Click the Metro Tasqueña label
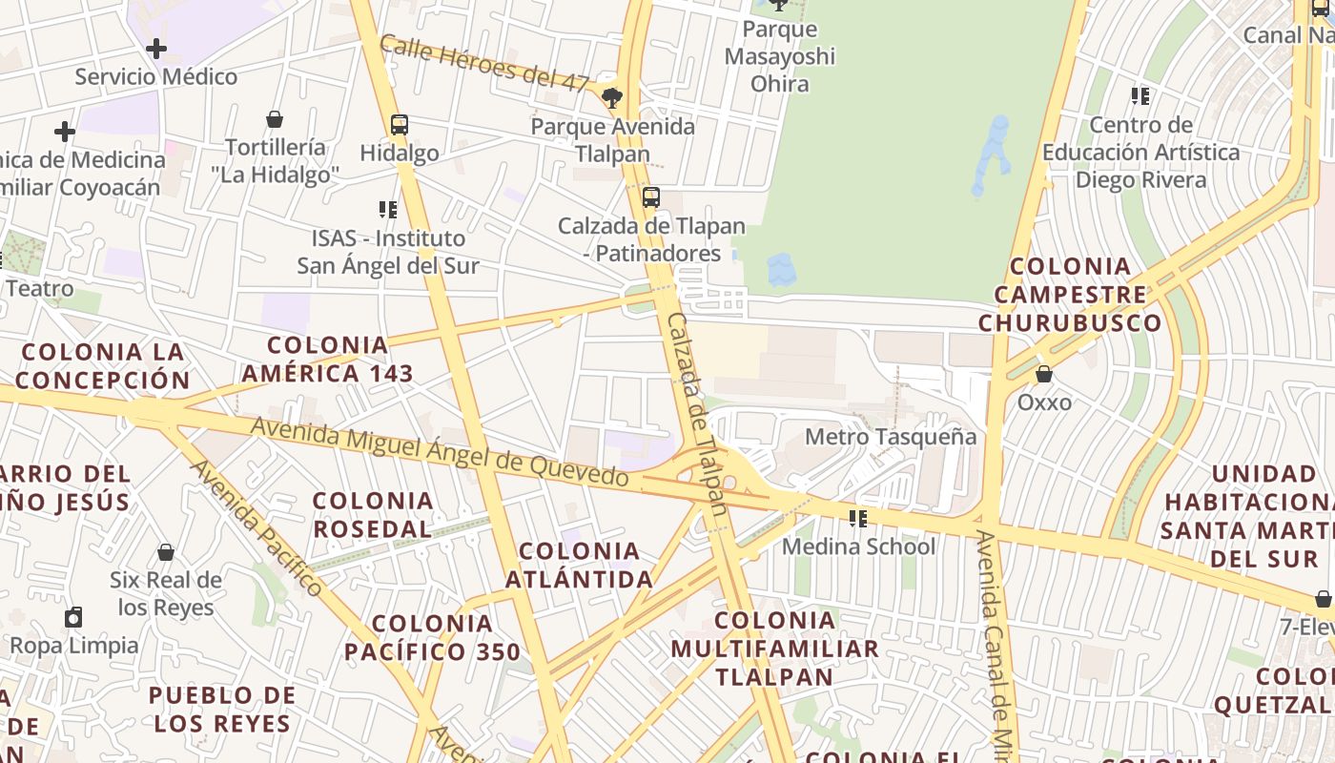[x=891, y=437]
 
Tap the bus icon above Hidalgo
[x=400, y=125]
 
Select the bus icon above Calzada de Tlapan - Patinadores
[x=651, y=197]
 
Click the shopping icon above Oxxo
[x=1044, y=374]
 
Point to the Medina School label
[x=858, y=546]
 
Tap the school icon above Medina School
[x=858, y=518]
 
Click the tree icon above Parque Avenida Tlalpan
[x=612, y=96]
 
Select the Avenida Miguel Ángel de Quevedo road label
[x=440, y=456]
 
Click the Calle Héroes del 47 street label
[x=484, y=63]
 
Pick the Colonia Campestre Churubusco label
[x=1070, y=294]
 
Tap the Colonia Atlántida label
[x=579, y=565]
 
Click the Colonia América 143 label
[x=327, y=359]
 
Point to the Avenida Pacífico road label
[x=257, y=527]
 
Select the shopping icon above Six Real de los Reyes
[x=166, y=552]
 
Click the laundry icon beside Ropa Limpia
[x=73, y=617]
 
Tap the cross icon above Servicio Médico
[x=156, y=48]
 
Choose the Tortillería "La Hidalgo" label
[x=275, y=160]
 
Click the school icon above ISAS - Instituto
[x=387, y=209]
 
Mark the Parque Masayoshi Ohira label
[x=779, y=56]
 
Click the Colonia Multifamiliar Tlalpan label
[x=774, y=649]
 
